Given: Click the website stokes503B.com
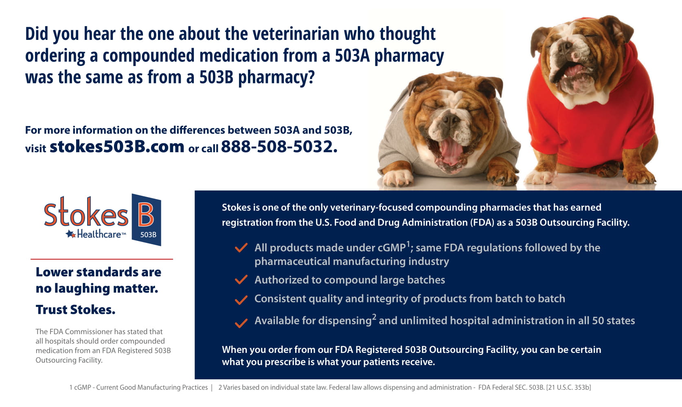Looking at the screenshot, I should coord(117,147).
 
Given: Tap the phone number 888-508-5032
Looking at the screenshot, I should coord(279,147).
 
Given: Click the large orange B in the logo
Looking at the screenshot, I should coord(146,214).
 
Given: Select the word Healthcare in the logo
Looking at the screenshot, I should coord(99,234).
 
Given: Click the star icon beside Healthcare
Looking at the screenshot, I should coord(71,234).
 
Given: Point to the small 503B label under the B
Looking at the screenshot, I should coord(148,235).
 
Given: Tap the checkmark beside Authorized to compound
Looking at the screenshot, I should coord(241,280).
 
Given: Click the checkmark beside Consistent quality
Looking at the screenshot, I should coord(241,300).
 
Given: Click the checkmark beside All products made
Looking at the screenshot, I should coord(241,247).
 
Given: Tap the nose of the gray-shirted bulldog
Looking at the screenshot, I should coord(451,119).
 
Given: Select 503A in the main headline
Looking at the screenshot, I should coord(352,56).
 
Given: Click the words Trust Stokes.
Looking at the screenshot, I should coord(75,310).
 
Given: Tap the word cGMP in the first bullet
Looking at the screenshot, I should coord(391,247).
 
